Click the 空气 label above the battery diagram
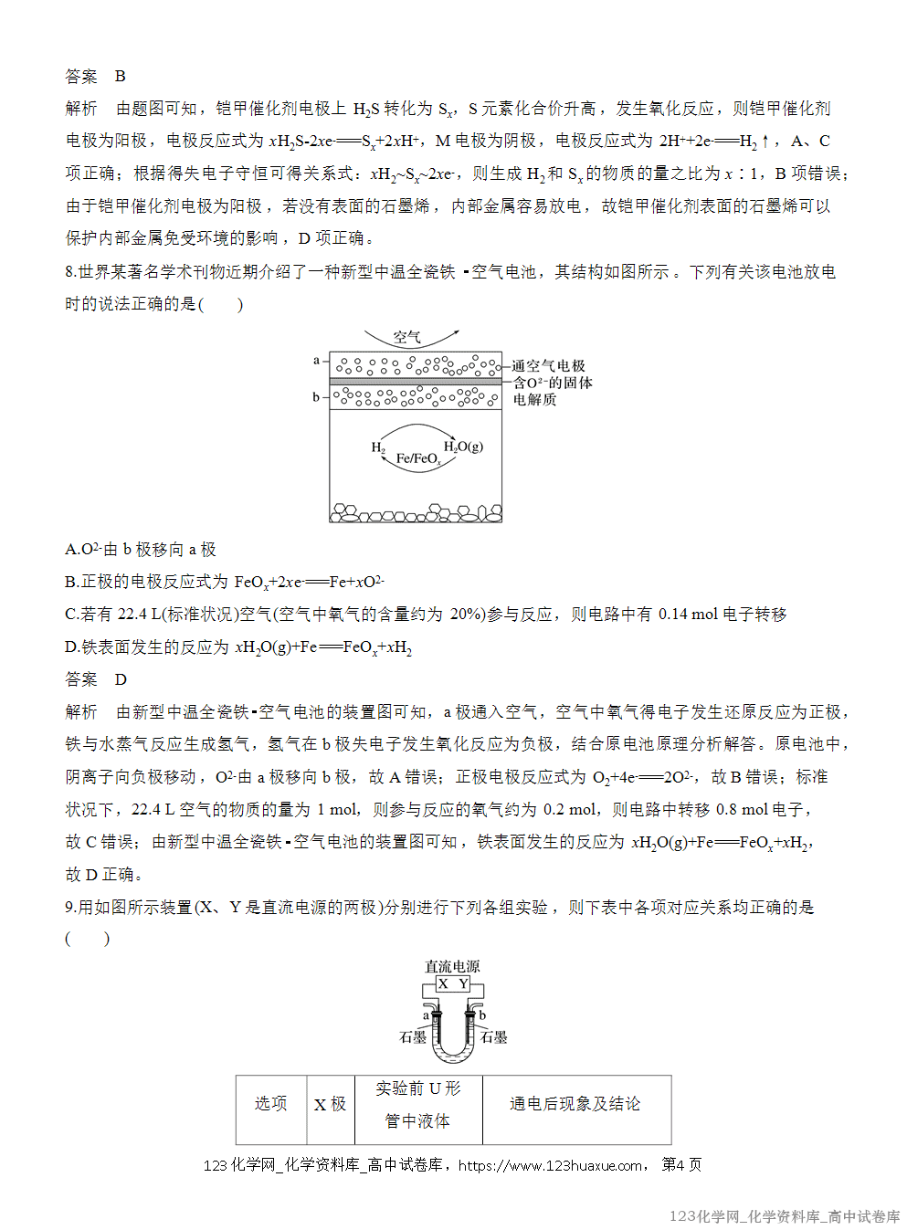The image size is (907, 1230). (x=406, y=338)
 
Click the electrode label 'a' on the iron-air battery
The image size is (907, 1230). (x=316, y=361)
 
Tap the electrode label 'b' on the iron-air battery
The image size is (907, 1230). (x=316, y=397)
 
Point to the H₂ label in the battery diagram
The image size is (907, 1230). (x=378, y=447)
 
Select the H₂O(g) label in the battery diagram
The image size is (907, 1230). (x=463, y=447)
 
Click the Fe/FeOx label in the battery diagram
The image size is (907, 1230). (x=418, y=458)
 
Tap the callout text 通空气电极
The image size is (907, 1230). (x=548, y=365)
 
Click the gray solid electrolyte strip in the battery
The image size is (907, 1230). (x=416, y=381)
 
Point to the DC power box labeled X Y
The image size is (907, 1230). (x=453, y=984)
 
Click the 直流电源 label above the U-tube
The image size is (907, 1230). (x=452, y=966)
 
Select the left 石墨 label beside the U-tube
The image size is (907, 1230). (x=413, y=1037)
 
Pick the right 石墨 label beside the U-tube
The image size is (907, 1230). (x=494, y=1037)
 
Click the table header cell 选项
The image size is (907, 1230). (x=270, y=1104)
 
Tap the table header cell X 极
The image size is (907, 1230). (x=330, y=1104)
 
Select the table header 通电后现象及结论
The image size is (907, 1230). (x=575, y=1104)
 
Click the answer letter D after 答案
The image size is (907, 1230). (x=121, y=679)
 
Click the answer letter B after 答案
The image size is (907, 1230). (x=121, y=76)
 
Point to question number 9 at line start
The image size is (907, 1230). (x=70, y=907)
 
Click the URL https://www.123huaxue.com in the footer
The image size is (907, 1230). (x=550, y=1165)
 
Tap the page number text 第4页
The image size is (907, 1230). (x=681, y=1165)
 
